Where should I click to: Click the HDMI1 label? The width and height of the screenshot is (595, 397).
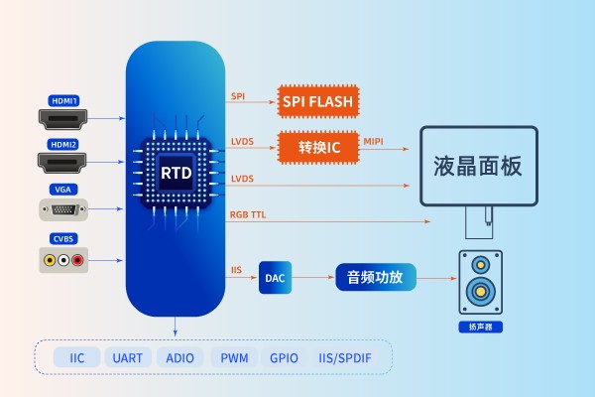[x=63, y=101]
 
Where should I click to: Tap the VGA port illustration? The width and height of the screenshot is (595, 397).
[x=63, y=209]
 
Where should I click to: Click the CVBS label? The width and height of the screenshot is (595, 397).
[x=63, y=238]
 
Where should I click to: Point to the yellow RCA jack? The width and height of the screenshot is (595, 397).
[x=49, y=261]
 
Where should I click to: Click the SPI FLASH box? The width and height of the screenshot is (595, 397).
[x=317, y=100]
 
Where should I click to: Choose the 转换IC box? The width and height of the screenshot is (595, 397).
[x=317, y=147]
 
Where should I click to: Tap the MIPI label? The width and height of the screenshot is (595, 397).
[x=373, y=142]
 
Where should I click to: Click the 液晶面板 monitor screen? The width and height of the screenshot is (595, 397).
[x=478, y=166]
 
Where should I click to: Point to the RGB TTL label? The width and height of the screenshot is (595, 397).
[x=248, y=214]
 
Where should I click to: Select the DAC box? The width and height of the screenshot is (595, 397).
[x=276, y=278]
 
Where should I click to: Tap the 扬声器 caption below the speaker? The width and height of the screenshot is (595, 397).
[x=481, y=327]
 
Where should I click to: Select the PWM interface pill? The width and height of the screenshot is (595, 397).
[x=234, y=357]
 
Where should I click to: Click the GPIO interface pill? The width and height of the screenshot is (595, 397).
[x=285, y=357]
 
